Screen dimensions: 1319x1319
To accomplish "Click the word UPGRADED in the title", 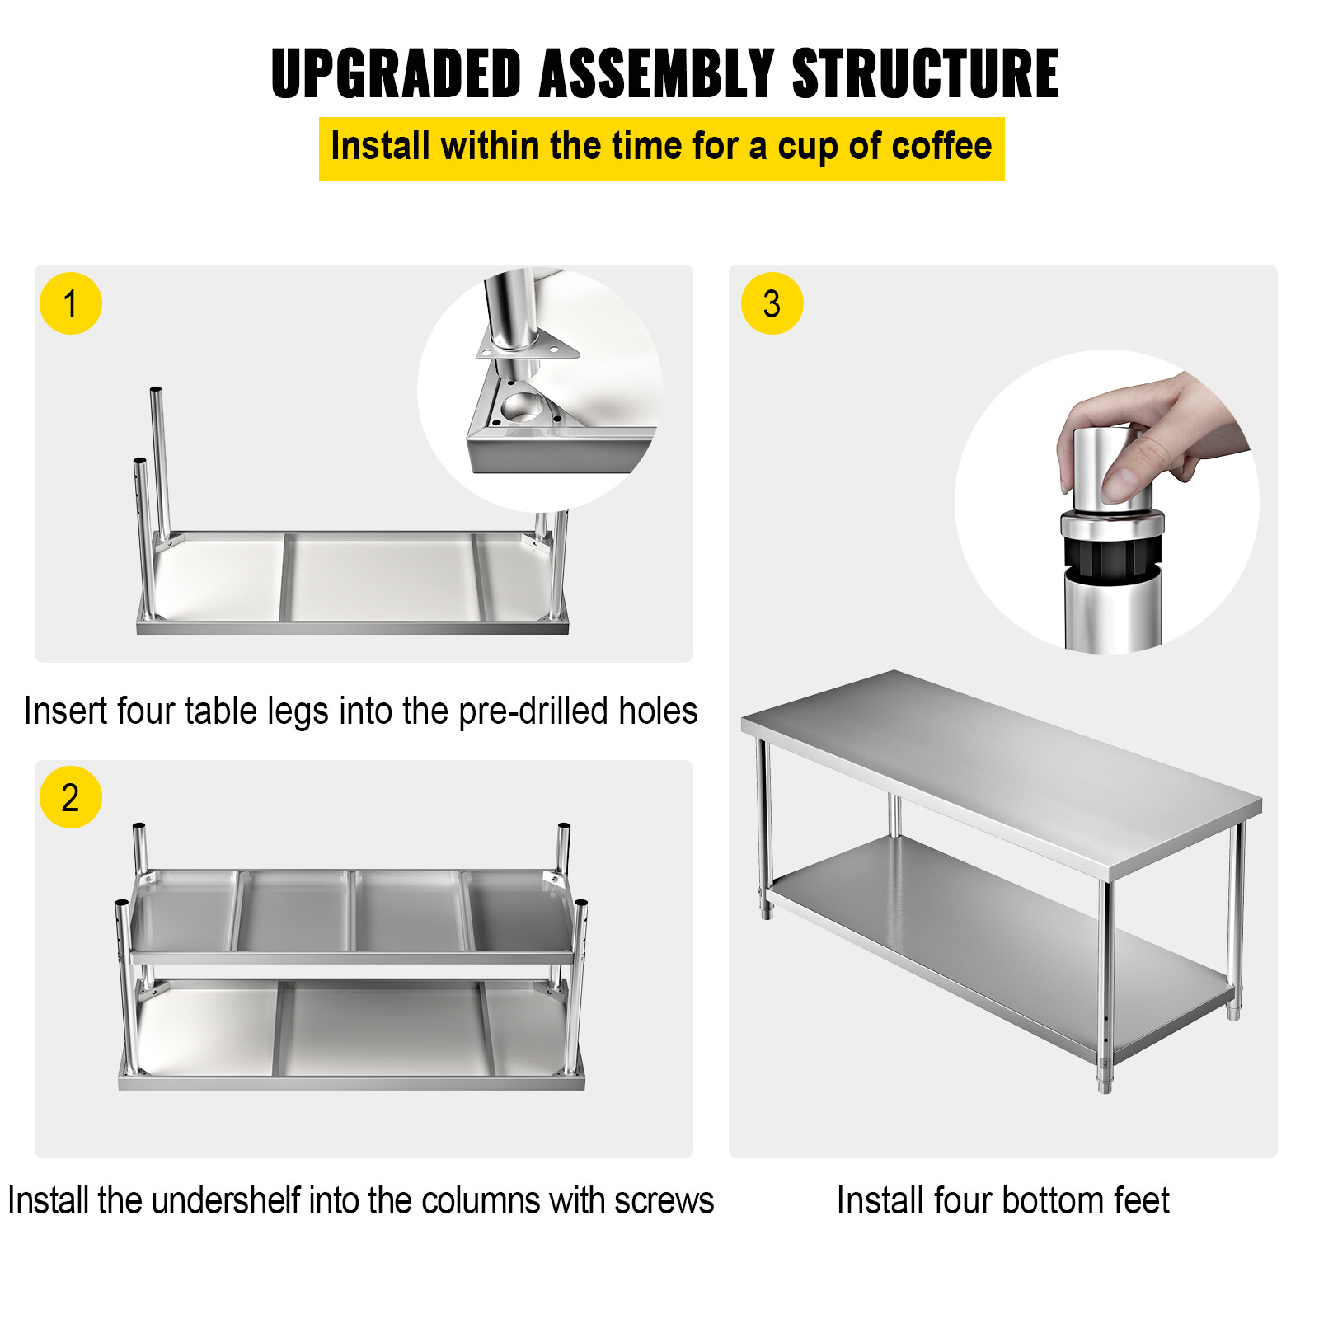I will [x=396, y=74].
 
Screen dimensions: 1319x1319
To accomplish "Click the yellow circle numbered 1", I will [x=71, y=303].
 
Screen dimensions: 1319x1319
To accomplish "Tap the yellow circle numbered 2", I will [x=71, y=797].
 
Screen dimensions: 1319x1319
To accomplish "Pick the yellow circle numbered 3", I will [x=772, y=303].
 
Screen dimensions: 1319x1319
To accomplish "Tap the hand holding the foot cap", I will [x=1171, y=429].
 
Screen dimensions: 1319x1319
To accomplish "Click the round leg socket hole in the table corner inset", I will [x=521, y=407].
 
